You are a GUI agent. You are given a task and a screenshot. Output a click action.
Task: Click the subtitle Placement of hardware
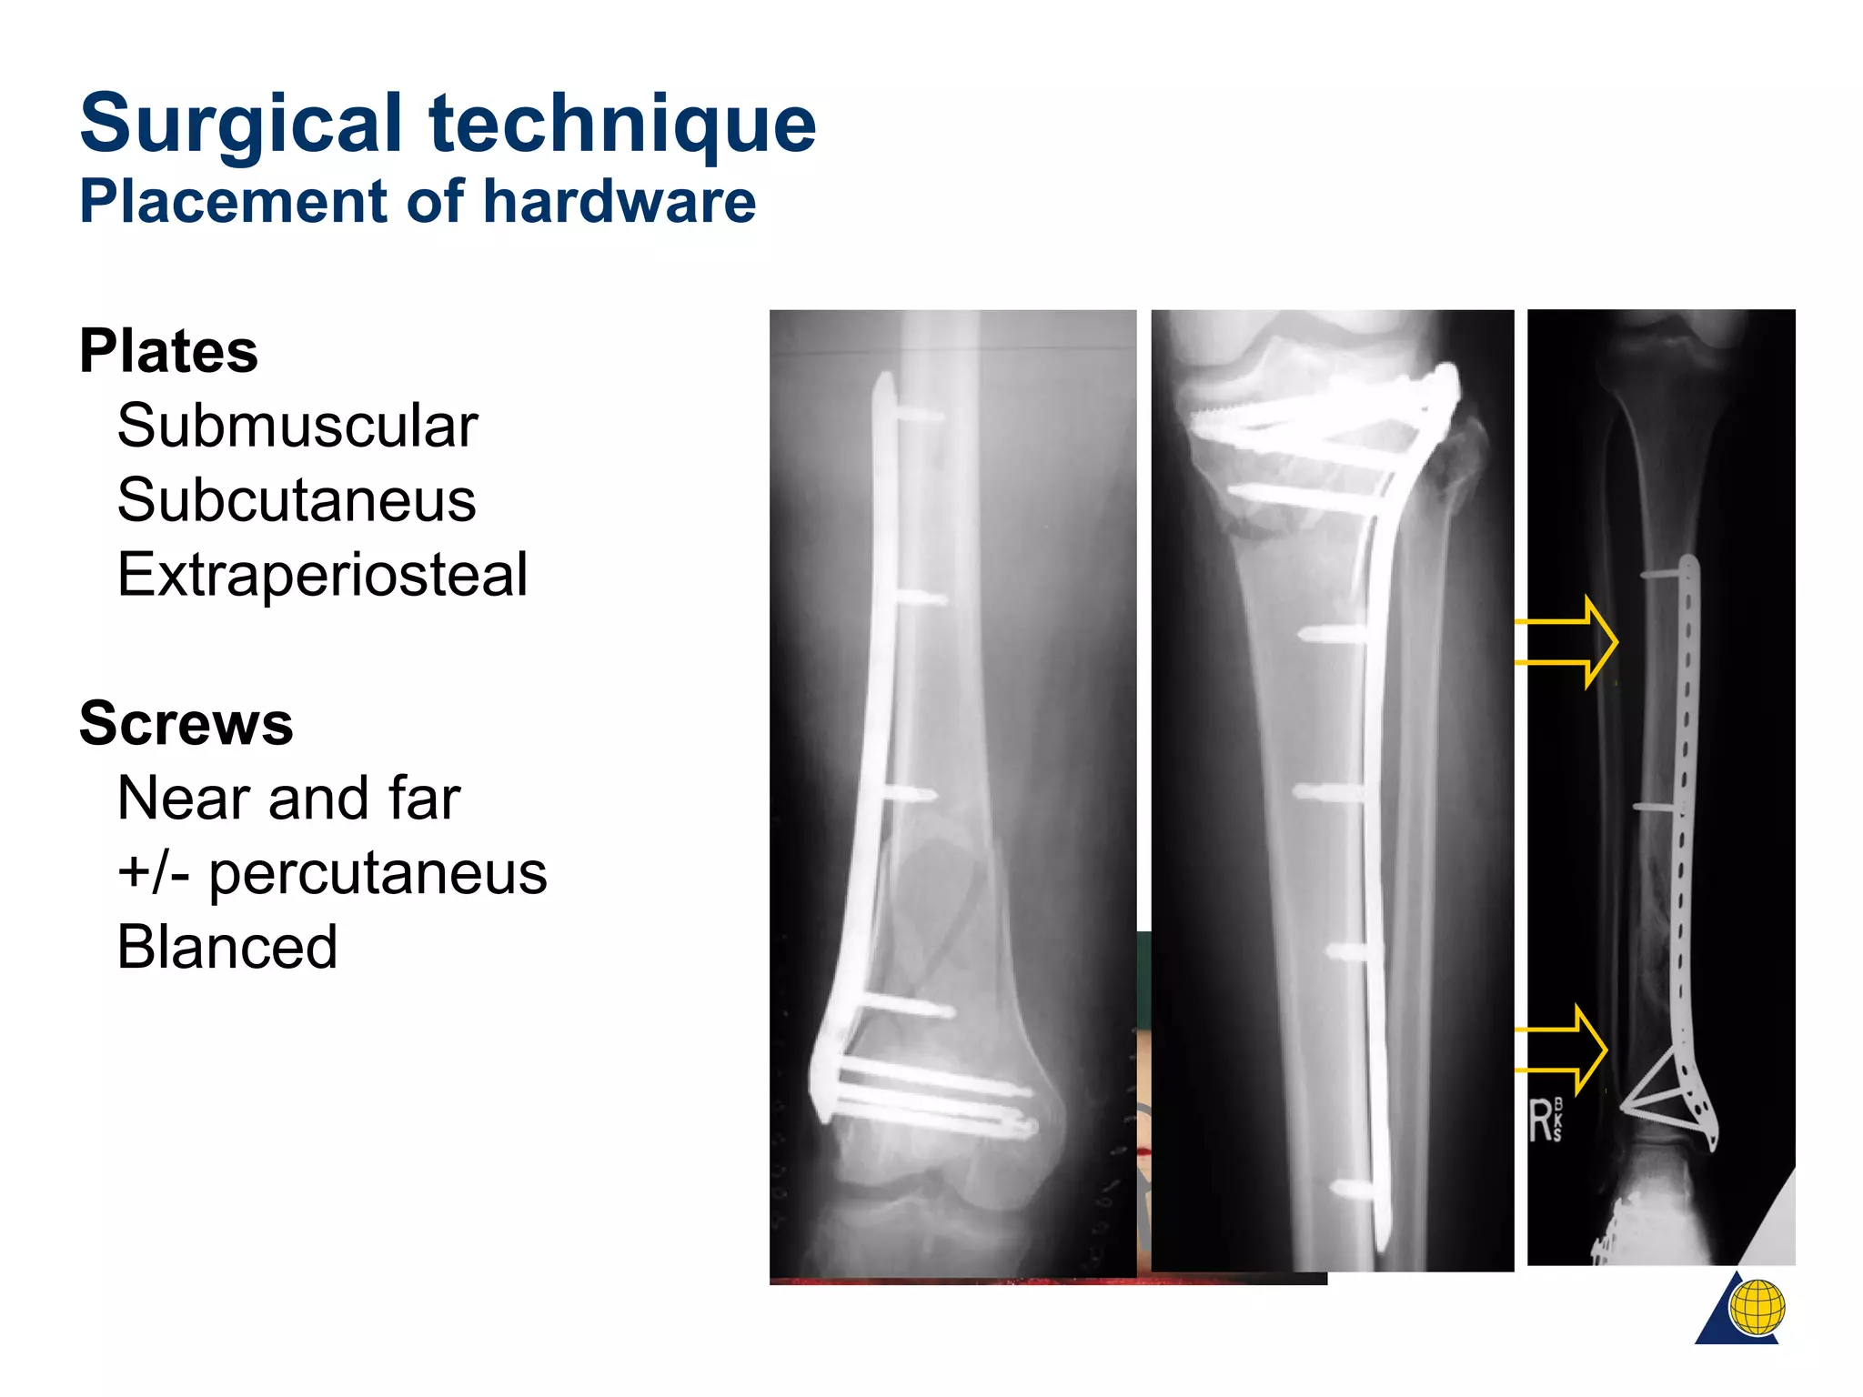click(x=418, y=201)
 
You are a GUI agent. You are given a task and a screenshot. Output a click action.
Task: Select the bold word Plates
click(x=168, y=351)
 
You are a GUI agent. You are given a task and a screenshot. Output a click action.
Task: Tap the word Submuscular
click(x=297, y=426)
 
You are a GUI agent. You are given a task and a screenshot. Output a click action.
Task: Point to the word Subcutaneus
click(x=297, y=500)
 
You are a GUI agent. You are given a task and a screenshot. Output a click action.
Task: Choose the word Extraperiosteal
click(x=322, y=575)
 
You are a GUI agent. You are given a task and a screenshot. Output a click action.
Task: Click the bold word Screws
click(x=186, y=724)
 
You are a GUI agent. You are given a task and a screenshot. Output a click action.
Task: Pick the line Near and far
click(x=288, y=799)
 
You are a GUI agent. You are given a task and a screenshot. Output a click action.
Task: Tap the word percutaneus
click(x=378, y=873)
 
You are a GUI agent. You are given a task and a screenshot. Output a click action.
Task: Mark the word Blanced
click(x=227, y=948)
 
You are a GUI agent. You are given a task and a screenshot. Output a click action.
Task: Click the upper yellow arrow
click(x=1569, y=642)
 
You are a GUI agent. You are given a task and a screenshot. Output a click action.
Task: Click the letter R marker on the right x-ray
click(x=1541, y=1121)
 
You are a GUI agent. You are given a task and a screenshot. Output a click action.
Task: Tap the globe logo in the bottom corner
click(x=1756, y=1308)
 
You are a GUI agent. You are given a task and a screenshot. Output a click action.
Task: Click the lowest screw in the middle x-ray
click(x=1351, y=1189)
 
